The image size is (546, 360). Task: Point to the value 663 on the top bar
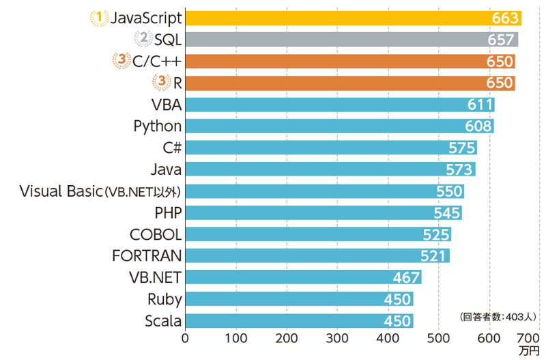(505, 18)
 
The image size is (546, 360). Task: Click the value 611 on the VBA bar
(480, 105)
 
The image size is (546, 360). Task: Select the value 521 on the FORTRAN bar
(435, 256)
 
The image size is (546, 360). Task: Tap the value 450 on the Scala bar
(398, 321)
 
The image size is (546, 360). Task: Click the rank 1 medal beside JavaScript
(100, 17)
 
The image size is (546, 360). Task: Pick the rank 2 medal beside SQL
(143, 39)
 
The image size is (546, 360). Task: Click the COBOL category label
(156, 234)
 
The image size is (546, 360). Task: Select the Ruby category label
(164, 299)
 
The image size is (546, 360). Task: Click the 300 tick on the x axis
(337, 337)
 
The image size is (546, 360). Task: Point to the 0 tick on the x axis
(185, 337)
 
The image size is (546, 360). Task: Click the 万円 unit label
(528, 351)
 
